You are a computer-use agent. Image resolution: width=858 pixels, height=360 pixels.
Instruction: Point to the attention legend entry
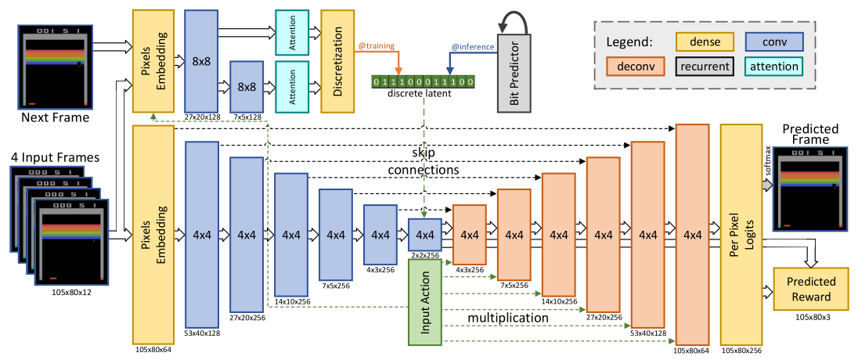tap(774, 67)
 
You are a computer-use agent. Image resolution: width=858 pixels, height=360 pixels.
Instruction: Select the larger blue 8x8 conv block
tap(201, 63)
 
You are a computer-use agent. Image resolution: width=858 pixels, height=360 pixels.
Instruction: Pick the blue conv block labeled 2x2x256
tap(425, 233)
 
